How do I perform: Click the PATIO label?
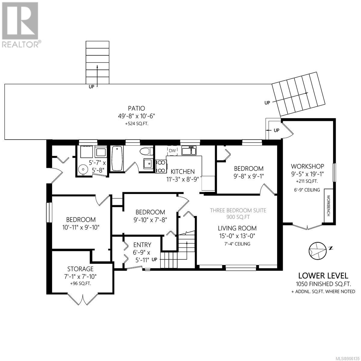point(136,108)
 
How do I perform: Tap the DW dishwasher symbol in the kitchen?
point(172,151)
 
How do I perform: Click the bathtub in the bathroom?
point(117,158)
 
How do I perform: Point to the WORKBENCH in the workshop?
point(328,206)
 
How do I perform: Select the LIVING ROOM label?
point(237,228)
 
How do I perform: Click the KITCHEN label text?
point(183,171)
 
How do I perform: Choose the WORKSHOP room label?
point(307,166)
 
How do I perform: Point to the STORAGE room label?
point(80,269)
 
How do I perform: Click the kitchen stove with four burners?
point(161,166)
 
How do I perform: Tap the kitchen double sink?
point(189,151)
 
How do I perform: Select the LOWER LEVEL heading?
point(323,276)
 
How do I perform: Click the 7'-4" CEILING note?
point(237,244)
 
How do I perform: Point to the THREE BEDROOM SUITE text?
point(238,210)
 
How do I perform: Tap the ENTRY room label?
point(142,245)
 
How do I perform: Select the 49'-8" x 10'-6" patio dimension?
point(136,116)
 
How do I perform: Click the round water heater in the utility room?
point(83,169)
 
